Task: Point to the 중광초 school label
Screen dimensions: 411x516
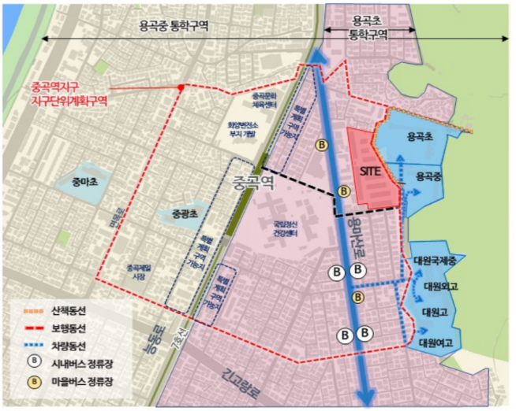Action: point(187,213)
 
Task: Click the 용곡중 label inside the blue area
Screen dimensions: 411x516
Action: point(427,176)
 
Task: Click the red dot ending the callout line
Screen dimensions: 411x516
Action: point(181,87)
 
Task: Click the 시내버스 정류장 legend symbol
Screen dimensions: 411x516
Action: point(35,362)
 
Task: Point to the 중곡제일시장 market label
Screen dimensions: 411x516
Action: point(139,272)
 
